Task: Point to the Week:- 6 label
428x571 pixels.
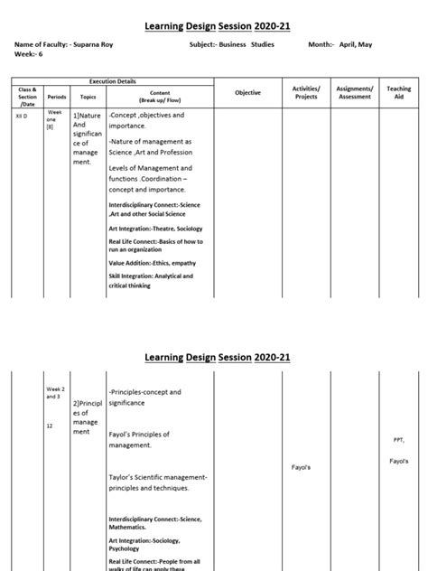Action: pyautogui.click(x=30, y=54)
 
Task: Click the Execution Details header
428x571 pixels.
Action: pyautogui.click(x=111, y=81)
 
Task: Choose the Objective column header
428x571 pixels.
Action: pyautogui.click(x=247, y=93)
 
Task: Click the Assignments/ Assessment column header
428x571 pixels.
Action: pyautogui.click(x=355, y=93)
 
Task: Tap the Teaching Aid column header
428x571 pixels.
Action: pyautogui.click(x=398, y=93)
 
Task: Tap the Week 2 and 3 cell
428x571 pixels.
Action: pyautogui.click(x=57, y=393)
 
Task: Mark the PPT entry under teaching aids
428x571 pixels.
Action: pyautogui.click(x=398, y=440)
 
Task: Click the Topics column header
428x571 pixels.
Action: pyautogui.click(x=88, y=94)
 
